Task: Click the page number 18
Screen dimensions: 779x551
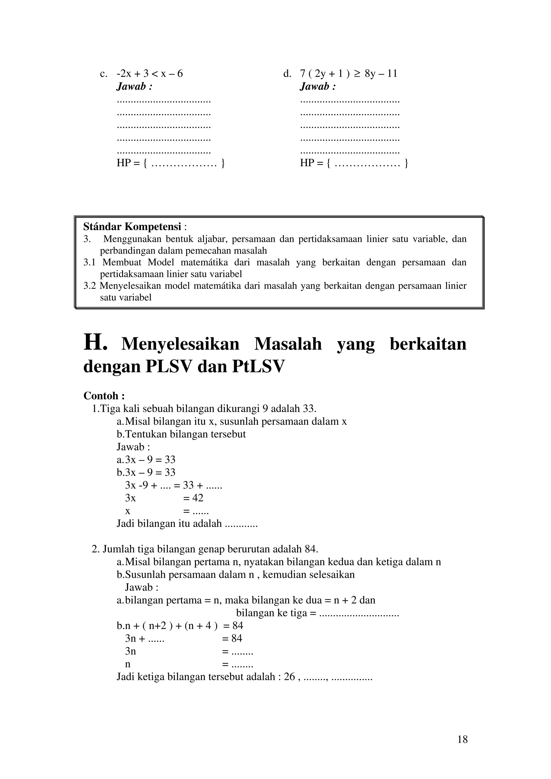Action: pos(462,739)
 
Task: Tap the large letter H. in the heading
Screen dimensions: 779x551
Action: pos(96,343)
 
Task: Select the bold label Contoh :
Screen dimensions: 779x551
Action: pos(104,396)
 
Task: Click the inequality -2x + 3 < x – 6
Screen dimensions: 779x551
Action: pos(150,74)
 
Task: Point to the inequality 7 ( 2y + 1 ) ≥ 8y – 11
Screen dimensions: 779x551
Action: pos(349,74)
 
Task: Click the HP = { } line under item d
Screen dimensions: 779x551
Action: pos(354,163)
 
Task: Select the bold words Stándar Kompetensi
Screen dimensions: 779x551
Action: pos(132,226)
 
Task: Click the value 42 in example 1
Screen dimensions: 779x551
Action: pos(197,498)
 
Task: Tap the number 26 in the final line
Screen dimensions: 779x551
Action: pos(289,677)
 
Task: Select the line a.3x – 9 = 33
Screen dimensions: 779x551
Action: pos(146,460)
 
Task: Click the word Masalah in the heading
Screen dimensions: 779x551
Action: pos(288,344)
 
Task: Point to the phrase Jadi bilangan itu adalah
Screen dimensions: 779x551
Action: pos(169,524)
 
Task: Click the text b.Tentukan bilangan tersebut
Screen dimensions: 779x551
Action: pos(181,434)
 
